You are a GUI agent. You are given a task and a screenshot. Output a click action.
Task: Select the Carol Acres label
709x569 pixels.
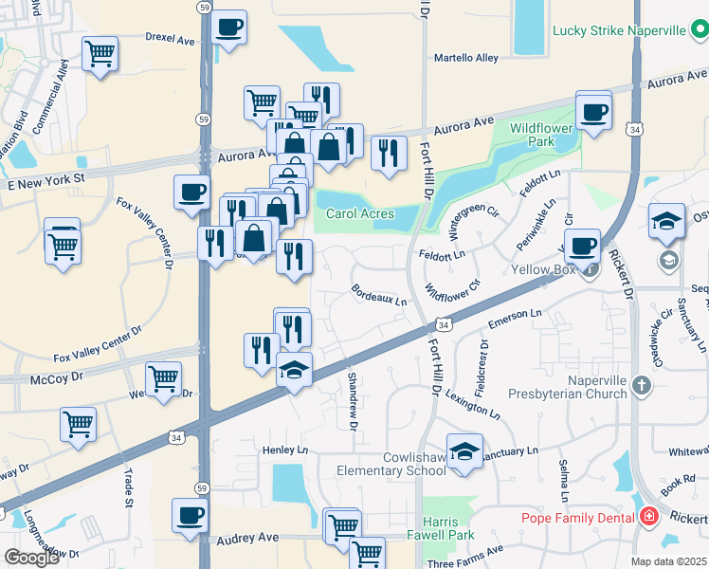click(360, 213)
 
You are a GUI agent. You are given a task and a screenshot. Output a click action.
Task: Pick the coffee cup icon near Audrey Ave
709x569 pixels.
click(190, 516)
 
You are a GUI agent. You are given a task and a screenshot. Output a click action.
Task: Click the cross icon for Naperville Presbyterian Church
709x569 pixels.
click(643, 385)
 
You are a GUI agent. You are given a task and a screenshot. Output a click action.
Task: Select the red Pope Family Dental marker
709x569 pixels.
click(648, 517)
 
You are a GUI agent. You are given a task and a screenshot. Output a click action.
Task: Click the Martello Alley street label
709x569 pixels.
click(465, 58)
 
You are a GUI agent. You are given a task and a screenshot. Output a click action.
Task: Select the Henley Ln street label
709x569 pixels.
click(285, 450)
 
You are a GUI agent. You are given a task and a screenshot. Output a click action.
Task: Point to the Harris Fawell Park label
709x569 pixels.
click(441, 530)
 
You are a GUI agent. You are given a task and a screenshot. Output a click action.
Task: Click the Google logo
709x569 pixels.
click(31, 557)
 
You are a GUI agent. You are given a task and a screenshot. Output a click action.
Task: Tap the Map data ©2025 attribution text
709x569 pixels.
click(669, 561)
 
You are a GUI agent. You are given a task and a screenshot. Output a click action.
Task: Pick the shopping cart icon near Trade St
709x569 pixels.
click(78, 425)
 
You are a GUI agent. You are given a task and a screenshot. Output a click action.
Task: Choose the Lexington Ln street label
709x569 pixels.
click(471, 404)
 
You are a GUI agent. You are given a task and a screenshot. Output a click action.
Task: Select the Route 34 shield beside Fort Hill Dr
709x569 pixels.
click(445, 324)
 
